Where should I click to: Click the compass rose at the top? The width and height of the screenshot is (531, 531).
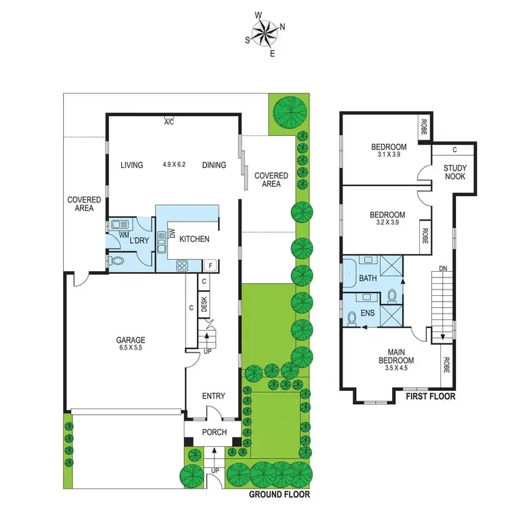pos(265,31)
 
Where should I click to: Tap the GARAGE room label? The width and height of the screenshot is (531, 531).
pos(131,340)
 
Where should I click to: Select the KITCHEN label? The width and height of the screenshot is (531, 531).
pos(194,239)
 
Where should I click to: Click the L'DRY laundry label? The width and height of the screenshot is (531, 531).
pos(139,241)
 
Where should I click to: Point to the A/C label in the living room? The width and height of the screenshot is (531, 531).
pos(169,122)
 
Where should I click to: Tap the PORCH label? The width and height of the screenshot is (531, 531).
pos(215,432)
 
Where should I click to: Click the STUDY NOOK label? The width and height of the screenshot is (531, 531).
pos(455,172)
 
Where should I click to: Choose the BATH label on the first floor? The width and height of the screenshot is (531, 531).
pos(367,278)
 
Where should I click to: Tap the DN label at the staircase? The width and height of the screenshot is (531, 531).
pos(443,268)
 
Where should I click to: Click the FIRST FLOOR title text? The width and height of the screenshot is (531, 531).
pos(430,396)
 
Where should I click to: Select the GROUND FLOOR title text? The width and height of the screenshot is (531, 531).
pos(280,495)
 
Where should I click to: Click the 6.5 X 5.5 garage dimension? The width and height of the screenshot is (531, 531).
pos(131,348)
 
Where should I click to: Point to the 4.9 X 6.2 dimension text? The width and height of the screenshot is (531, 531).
pos(173,165)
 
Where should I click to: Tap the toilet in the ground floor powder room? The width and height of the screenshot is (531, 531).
pos(118,261)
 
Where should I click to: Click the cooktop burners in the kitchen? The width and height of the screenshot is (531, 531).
pos(181,266)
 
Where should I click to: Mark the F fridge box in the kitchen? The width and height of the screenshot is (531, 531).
pos(210,266)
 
